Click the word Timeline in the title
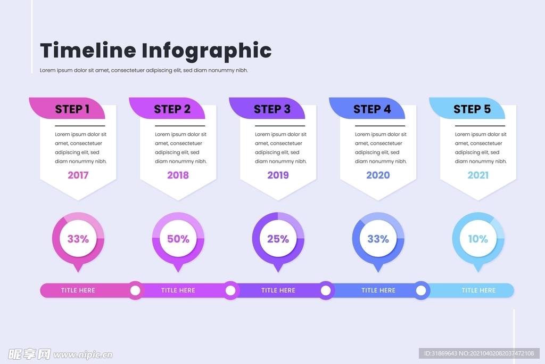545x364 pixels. click(x=88, y=51)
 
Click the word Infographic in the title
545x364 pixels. click(x=207, y=51)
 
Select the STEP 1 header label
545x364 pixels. click(x=72, y=109)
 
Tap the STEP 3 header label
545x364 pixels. click(x=272, y=109)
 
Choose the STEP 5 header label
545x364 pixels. click(x=472, y=109)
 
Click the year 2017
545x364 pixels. click(x=78, y=175)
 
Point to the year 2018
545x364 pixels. click(x=178, y=175)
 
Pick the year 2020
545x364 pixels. click(x=378, y=175)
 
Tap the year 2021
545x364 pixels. click(x=478, y=175)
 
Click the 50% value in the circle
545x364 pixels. click(x=178, y=239)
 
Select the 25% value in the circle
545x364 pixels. click(x=278, y=239)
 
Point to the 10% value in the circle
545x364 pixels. click(x=478, y=239)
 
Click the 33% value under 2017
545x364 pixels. click(x=78, y=239)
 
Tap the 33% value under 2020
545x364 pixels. click(x=378, y=239)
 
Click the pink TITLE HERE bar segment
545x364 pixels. click(x=78, y=290)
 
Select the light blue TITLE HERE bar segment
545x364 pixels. click(x=478, y=290)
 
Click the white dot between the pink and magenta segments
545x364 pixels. click(x=135, y=290)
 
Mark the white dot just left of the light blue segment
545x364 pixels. click(x=421, y=290)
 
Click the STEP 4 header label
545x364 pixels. click(x=372, y=109)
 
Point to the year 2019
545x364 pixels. click(x=278, y=175)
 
